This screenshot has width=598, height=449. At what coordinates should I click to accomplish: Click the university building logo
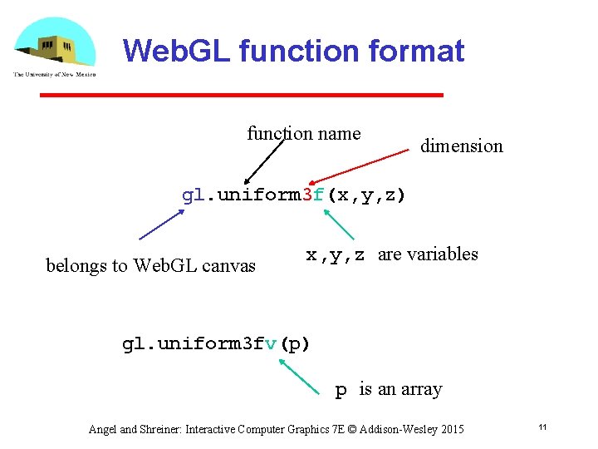55,47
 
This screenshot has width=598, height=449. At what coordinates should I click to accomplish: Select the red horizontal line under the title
242,96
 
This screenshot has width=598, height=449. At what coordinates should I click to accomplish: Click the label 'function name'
304,134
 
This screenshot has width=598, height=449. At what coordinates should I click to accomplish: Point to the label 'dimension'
461,146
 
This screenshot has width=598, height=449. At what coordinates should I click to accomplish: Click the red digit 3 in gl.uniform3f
308,195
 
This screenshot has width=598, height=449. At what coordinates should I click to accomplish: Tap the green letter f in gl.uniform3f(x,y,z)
320,195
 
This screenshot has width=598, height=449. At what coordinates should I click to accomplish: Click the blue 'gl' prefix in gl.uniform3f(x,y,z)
192,196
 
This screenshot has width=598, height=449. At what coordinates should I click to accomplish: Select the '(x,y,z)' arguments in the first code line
366,196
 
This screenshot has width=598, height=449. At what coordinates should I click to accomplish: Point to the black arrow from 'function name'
265,158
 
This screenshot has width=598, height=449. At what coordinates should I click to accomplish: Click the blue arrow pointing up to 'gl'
162,224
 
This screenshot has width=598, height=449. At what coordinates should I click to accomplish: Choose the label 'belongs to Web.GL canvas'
150,266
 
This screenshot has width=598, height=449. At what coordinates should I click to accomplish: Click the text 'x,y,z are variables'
392,254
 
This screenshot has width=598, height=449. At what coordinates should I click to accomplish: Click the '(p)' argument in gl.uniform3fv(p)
295,343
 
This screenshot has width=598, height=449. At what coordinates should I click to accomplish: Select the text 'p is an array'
388,389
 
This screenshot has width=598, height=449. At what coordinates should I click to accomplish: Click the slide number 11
542,427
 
